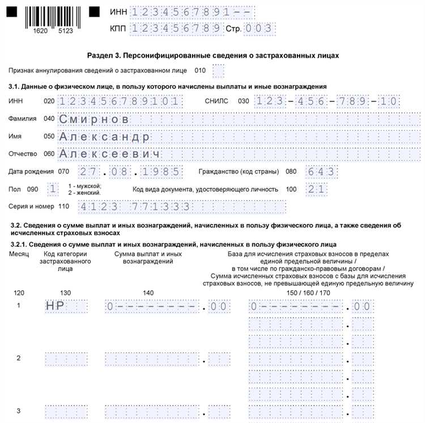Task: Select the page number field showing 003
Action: coord(259,28)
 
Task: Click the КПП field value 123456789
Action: coord(176,28)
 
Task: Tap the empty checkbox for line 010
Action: coord(218,71)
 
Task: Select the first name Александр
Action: coord(105,137)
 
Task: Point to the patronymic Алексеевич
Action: coord(110,154)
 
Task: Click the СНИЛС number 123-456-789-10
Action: coord(327,101)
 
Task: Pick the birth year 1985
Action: coord(161,172)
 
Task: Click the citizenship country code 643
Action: coord(321,172)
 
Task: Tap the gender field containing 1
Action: coord(53,189)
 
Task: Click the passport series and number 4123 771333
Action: coord(135,207)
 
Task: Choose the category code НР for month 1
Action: coord(56,307)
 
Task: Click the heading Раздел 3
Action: coord(213,56)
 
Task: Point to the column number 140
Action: coord(148,293)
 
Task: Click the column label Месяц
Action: coord(19,253)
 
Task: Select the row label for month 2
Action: coord(19,358)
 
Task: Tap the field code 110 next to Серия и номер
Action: coord(63,206)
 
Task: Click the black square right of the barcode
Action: coord(95,11)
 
